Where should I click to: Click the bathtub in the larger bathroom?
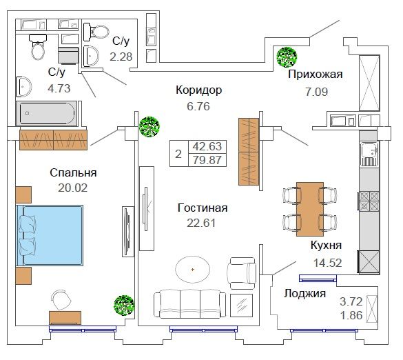(47, 113)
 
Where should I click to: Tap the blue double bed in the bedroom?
(50, 235)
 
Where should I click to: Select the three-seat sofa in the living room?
(190, 304)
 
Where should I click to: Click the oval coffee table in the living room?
(193, 270)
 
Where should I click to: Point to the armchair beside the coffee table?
(242, 273)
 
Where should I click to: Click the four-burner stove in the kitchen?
(369, 201)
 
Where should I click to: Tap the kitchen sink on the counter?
(369, 154)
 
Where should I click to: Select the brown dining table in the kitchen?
(310, 209)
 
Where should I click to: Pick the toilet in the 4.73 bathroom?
(38, 47)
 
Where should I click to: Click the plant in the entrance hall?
(287, 57)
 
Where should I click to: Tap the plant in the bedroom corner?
(124, 305)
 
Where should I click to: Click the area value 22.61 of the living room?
(201, 223)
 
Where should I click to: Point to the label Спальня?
(73, 173)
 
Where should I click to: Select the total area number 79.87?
(207, 160)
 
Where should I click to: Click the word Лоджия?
(304, 294)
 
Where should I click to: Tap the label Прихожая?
(316, 74)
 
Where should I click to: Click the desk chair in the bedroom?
(62, 300)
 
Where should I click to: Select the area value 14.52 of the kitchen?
(328, 263)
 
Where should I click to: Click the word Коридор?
(198, 90)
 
